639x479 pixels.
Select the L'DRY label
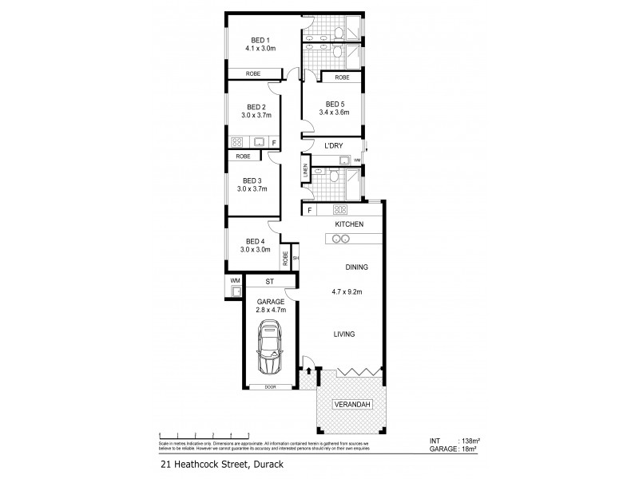(334, 146)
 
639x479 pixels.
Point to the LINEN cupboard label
(306, 170)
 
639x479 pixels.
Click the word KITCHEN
(349, 224)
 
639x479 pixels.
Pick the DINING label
(355, 268)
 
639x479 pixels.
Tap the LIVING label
(345, 334)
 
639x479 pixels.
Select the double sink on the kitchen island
(331, 240)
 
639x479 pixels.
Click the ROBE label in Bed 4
(284, 258)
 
